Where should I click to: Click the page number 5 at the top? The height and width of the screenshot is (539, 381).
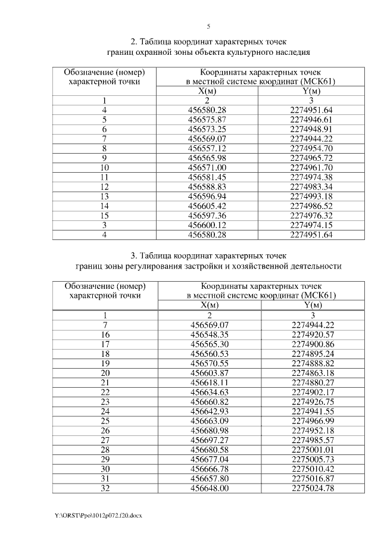(208, 27)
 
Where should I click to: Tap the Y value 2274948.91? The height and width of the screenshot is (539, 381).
(311, 128)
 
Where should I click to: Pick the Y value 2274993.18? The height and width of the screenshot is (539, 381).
(311, 195)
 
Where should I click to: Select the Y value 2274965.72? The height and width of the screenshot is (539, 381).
(311, 157)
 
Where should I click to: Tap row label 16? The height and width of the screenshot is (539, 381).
(105, 335)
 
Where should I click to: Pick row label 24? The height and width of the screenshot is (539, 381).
(105, 411)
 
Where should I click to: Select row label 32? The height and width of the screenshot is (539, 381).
(105, 487)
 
